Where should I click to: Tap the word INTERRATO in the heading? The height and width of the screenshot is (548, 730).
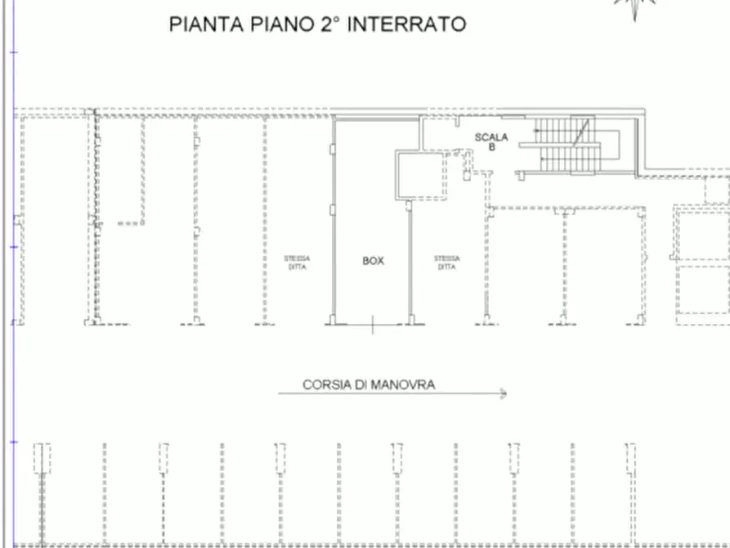click(407, 25)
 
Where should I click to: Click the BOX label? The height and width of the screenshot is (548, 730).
click(373, 261)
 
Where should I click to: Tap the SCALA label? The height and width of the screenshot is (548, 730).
click(491, 137)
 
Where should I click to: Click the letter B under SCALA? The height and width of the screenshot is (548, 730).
click(491, 147)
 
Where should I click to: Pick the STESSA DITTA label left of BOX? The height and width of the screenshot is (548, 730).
click(297, 263)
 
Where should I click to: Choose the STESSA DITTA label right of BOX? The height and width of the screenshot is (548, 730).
click(446, 263)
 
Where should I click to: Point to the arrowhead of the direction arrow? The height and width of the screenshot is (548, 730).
click(502, 394)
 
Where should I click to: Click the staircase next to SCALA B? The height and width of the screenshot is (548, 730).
click(571, 144)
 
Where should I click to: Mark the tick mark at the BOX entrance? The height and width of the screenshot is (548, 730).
click(373, 326)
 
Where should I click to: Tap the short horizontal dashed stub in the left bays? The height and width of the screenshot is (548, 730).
click(130, 223)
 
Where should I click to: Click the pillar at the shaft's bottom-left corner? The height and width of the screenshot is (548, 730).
click(409, 204)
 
